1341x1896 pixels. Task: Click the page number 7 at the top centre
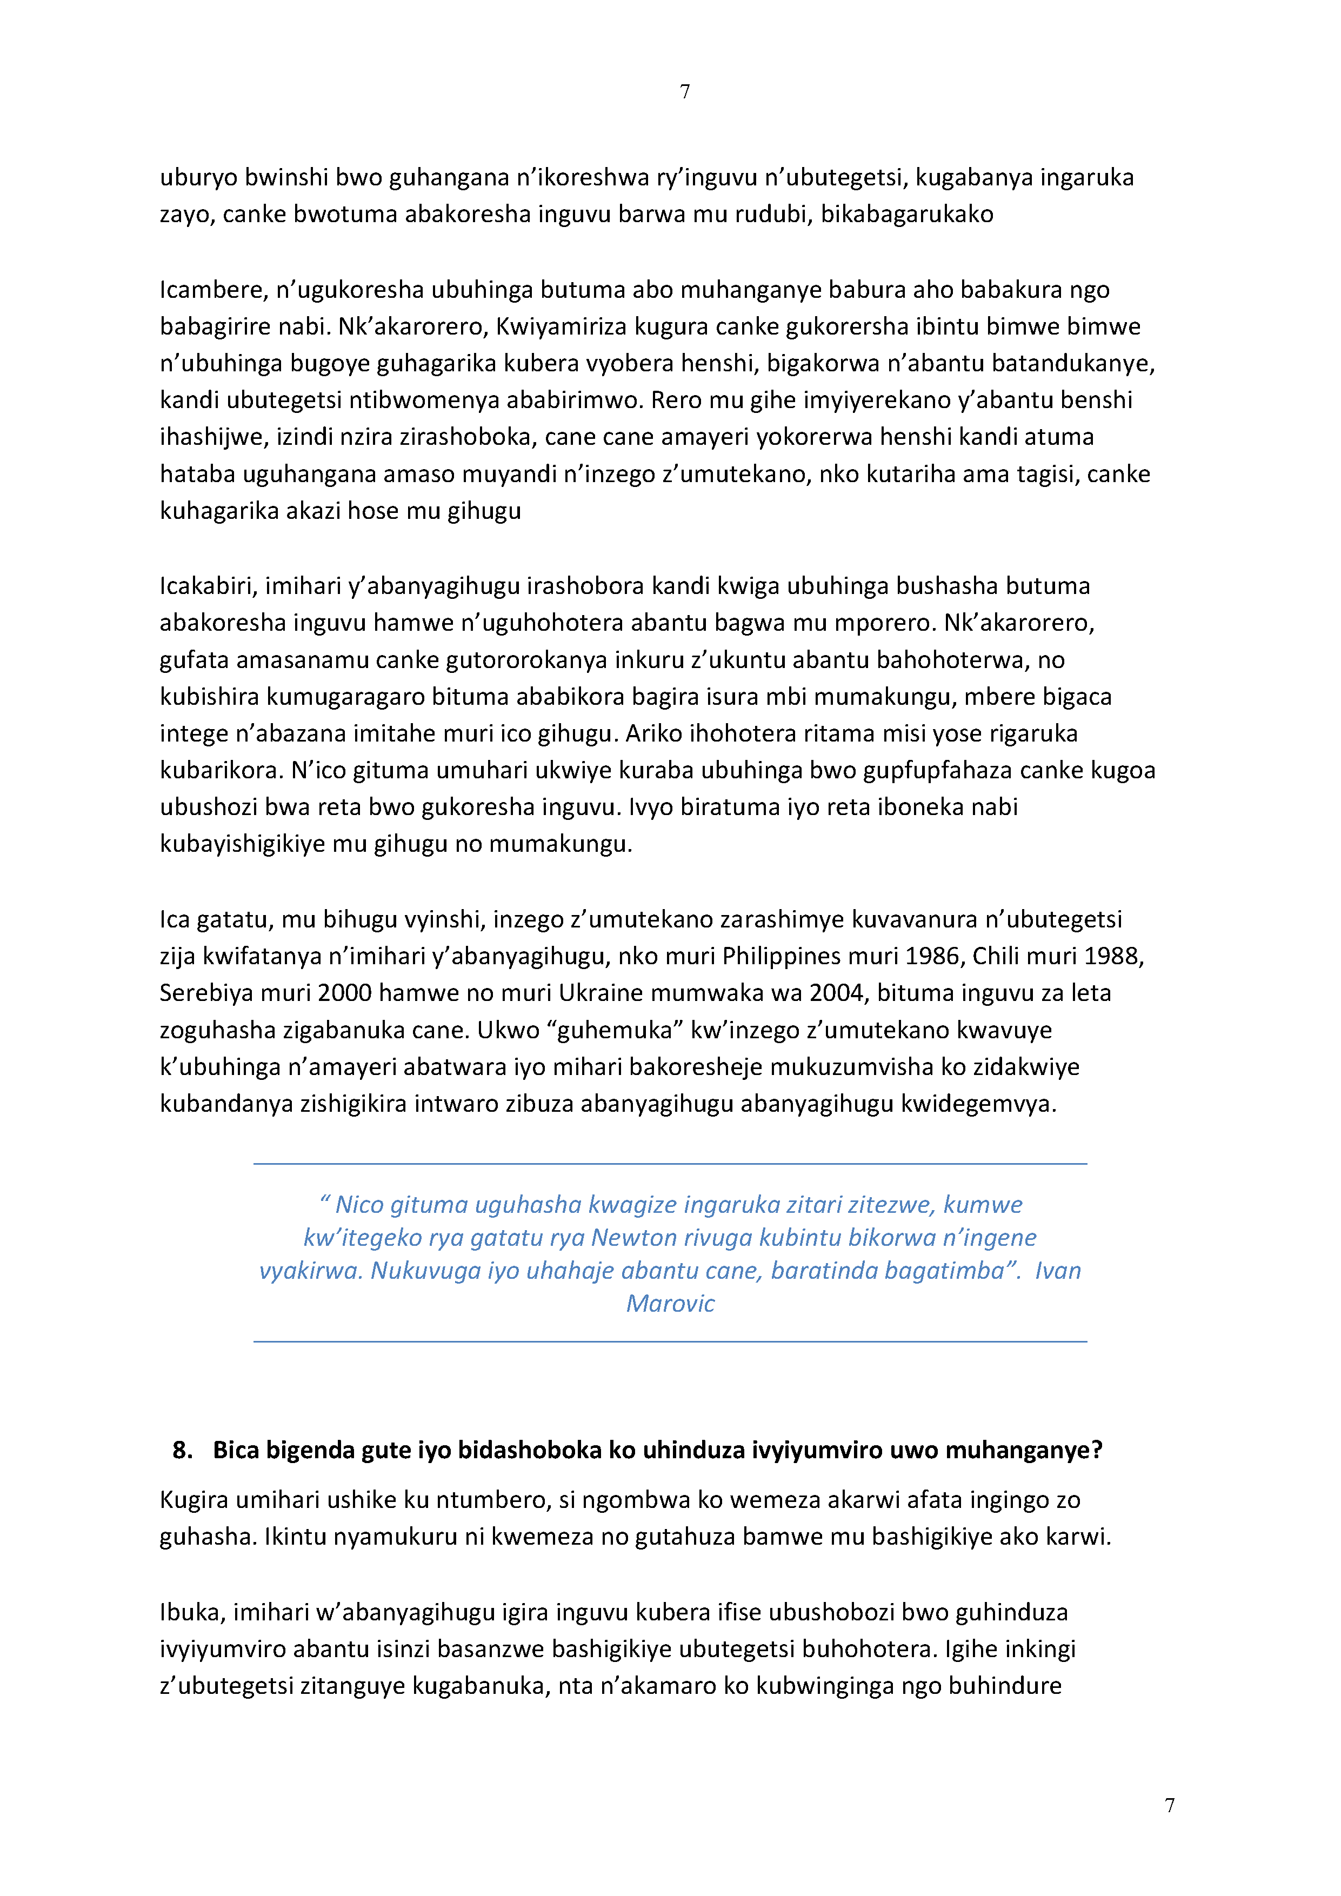[684, 92]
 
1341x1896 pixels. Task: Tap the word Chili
[996, 956]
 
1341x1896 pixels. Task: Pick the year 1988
[1113, 956]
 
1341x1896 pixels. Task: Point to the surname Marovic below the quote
[670, 1303]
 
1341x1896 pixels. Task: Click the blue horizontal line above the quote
[670, 1164]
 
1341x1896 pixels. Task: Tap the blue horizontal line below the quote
[670, 1342]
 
